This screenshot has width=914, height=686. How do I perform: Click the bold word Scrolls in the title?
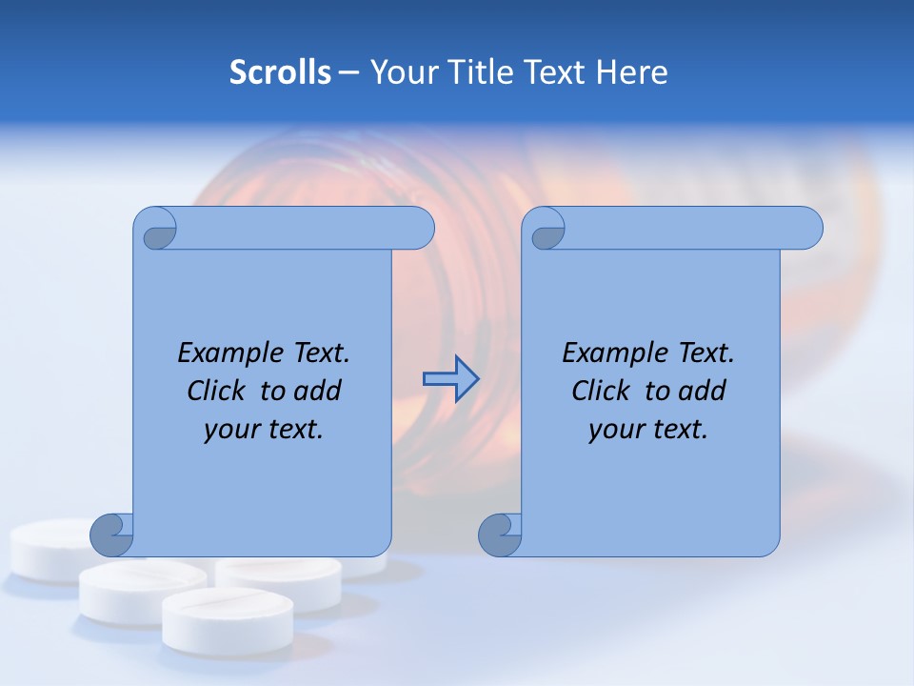[280, 72]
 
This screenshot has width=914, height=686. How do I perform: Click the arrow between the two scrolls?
[450, 379]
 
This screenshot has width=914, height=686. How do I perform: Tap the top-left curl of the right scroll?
[546, 230]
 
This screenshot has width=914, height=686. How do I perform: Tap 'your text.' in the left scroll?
[264, 429]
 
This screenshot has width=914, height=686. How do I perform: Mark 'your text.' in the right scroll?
[648, 429]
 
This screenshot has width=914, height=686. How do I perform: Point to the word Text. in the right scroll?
[705, 353]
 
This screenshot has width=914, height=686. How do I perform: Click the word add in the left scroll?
[316, 391]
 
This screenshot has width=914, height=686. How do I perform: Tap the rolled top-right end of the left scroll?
[415, 229]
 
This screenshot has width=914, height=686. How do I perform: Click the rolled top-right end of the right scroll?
[804, 229]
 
